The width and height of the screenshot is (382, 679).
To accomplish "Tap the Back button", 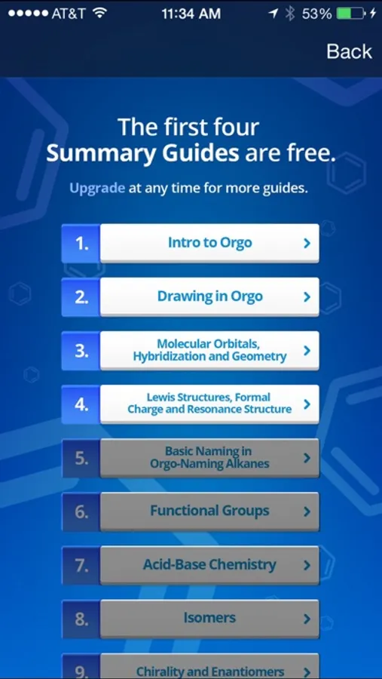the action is (x=349, y=51).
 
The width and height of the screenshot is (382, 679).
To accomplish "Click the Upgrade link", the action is (x=97, y=189).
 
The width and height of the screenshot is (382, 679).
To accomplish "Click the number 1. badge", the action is (x=81, y=244).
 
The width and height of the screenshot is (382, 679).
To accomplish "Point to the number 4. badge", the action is (x=81, y=404).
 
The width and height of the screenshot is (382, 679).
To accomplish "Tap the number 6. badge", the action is (x=81, y=512).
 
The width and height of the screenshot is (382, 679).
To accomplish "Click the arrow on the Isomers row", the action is (x=307, y=619).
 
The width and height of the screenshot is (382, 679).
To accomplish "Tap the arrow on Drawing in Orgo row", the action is (x=307, y=297).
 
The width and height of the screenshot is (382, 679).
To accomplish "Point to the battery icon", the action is (x=350, y=14).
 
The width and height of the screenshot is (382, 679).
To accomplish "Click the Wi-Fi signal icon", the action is (x=100, y=14).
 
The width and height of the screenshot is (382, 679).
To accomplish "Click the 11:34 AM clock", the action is (x=191, y=14).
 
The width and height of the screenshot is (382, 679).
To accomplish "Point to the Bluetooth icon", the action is (x=289, y=14).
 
